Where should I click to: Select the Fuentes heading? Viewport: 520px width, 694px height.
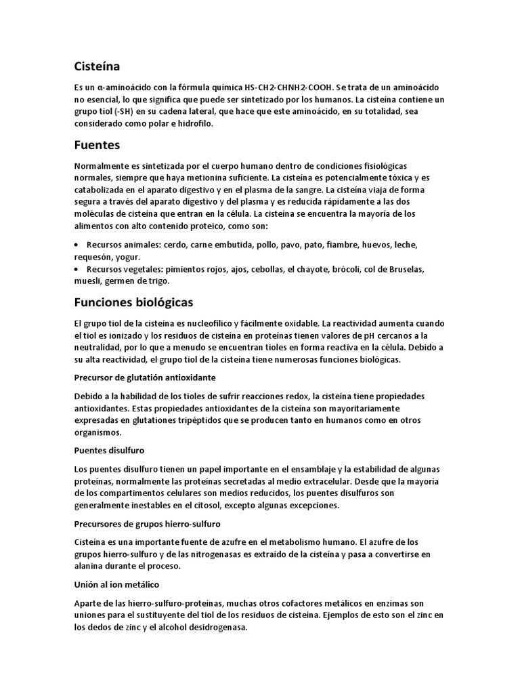(98, 145)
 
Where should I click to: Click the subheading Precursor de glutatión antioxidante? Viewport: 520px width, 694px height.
(145, 377)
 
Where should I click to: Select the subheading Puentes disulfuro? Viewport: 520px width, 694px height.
(108, 450)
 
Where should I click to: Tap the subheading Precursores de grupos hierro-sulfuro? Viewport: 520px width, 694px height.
(148, 524)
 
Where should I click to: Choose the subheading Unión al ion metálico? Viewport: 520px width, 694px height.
(116, 584)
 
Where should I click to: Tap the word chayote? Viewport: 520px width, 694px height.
(310, 270)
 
